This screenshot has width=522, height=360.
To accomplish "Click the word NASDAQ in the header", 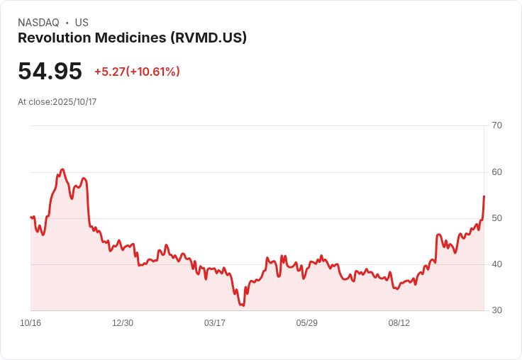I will point(38,23).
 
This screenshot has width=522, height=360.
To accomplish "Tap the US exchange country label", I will point(82,23).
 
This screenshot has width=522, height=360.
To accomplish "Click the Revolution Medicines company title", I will point(92,38).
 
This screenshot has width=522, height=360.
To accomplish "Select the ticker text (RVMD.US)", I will point(209,38).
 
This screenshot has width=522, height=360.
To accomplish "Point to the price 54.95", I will point(50,71).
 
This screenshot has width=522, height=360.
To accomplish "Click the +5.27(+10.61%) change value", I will point(137,72).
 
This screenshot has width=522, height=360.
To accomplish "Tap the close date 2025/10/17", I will point(74,102).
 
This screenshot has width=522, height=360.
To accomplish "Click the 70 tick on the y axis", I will point(496,125).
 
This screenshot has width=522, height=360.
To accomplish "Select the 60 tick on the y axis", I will point(496,171).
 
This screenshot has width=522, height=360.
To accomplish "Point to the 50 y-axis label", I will point(496,218).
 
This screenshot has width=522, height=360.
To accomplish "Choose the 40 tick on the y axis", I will point(496,264).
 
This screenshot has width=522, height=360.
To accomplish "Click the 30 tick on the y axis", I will point(496,310).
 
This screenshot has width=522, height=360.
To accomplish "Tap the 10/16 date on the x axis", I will point(30,323).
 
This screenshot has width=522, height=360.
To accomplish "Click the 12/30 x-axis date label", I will point(123,323).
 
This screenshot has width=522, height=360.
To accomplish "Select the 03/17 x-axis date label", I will point(215,323).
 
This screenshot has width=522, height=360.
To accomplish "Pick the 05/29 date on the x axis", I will point(307,323).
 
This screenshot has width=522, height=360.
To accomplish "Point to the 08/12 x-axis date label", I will point(399,323).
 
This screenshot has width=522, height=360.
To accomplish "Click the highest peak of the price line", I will point(62,169).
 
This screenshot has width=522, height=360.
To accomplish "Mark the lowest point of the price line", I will point(243,305).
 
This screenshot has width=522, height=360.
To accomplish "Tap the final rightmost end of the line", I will point(484,196).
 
